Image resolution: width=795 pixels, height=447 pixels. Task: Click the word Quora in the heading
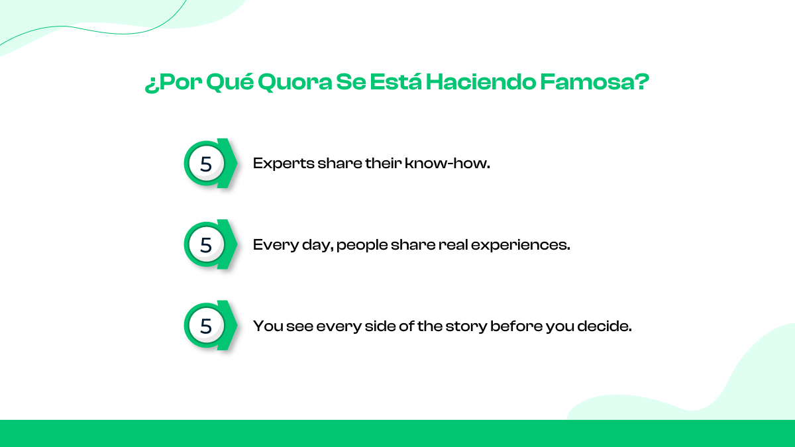click(x=295, y=82)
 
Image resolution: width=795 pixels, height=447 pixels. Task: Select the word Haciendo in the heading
click(x=480, y=81)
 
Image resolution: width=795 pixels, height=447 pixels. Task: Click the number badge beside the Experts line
click(x=210, y=163)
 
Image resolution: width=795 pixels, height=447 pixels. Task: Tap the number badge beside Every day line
click(x=210, y=244)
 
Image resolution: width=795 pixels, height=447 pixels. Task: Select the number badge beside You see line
click(x=210, y=325)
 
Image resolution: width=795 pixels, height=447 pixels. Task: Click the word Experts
click(x=284, y=164)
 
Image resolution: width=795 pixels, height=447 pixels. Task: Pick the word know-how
click(x=447, y=163)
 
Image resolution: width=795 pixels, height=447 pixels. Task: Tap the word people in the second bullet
click(x=362, y=246)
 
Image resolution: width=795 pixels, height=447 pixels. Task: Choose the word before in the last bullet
click(x=516, y=326)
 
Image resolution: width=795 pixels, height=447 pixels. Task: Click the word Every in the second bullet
click(x=276, y=245)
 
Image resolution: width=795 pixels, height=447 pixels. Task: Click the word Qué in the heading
click(x=230, y=82)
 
